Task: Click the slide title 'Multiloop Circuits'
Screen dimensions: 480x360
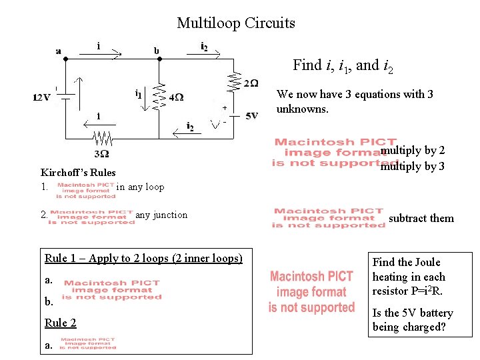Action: click(236, 23)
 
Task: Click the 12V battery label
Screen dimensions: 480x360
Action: click(41, 97)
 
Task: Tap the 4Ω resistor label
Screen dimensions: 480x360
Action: click(177, 97)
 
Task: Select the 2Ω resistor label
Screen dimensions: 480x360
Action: click(251, 83)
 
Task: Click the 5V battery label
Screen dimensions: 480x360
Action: click(251, 115)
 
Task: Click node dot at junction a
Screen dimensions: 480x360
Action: click(65, 59)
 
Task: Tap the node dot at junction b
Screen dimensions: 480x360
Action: click(159, 59)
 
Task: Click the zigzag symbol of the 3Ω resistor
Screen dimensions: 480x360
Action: click(103, 139)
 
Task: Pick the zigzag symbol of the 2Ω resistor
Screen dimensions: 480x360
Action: click(234, 83)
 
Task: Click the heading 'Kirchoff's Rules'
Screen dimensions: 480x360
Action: click(78, 173)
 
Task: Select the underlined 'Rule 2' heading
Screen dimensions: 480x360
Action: click(60, 323)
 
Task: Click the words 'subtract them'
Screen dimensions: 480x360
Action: click(421, 218)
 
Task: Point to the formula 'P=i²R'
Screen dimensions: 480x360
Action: click(428, 291)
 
